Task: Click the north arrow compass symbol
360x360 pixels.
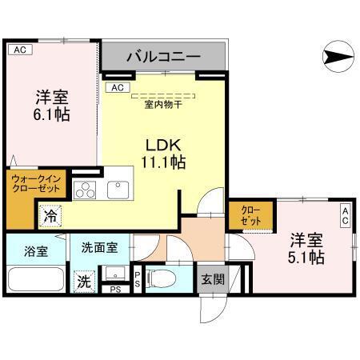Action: pos(336,57)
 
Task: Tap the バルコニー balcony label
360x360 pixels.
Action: pos(163,58)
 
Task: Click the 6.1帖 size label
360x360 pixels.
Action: pos(51,114)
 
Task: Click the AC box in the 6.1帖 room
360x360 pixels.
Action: pos(20,50)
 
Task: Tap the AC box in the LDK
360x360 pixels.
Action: pos(116,87)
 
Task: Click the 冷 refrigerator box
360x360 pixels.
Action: pos(50,214)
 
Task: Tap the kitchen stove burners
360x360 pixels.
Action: pos(85,190)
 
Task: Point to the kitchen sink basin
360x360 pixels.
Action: pos(118,190)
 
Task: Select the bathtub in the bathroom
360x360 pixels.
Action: pos(35,281)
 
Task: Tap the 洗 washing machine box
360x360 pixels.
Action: pos(83,282)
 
